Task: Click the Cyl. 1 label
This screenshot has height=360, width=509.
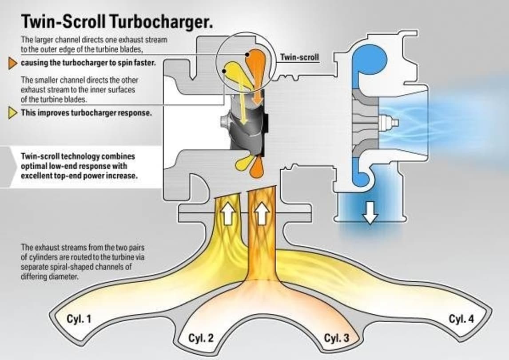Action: (x=79, y=319)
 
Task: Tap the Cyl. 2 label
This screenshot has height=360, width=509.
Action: (x=201, y=338)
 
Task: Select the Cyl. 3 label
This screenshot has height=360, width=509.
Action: (x=336, y=338)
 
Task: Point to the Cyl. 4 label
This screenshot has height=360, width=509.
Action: (x=461, y=319)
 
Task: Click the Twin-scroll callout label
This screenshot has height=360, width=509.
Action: (x=299, y=57)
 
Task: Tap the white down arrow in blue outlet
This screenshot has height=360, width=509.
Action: (x=370, y=215)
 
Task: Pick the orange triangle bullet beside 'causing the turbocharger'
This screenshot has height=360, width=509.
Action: (x=13, y=63)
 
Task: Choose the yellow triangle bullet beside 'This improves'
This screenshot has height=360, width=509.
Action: (x=13, y=113)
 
